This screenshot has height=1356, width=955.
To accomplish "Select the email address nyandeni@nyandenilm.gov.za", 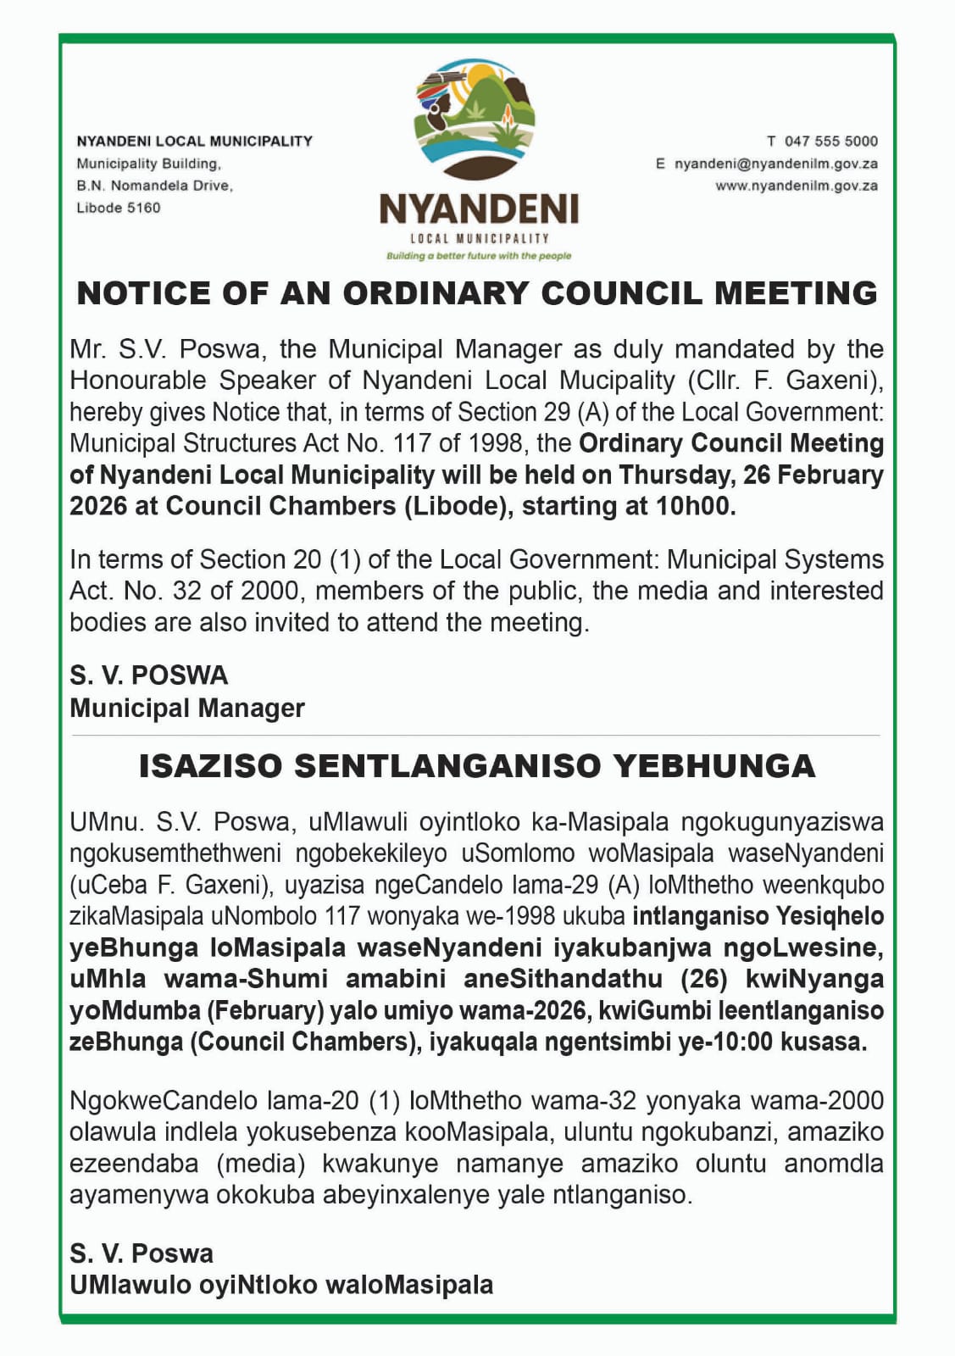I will coord(775,164).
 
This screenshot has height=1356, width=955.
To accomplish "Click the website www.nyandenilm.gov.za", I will coord(797,186).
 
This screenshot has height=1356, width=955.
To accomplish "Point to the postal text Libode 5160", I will coord(118,208).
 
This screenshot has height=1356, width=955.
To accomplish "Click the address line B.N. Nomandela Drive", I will coord(154,186).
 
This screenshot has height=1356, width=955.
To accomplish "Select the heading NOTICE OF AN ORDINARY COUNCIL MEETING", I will coord(477,293).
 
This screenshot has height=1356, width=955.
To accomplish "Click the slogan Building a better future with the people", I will coord(479,256).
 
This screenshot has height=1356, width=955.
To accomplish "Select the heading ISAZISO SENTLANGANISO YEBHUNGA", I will coord(477,766).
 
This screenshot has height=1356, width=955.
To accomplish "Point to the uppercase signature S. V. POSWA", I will coord(149,675).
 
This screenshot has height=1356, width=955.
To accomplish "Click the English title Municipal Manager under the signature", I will coord(186,708).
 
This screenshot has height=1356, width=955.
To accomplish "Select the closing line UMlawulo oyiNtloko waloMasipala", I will coord(281,1285).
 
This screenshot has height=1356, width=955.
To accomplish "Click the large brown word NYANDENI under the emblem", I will coord(479,208).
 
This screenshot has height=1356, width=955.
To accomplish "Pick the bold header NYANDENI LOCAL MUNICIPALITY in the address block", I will coord(194,142).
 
